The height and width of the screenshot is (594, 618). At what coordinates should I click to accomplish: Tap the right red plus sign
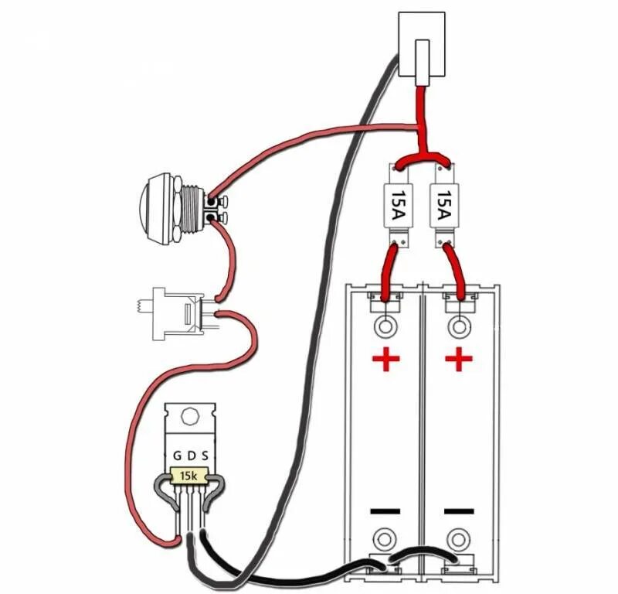pyautogui.click(x=459, y=359)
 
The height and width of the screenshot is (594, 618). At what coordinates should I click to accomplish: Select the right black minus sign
pyautogui.click(x=459, y=510)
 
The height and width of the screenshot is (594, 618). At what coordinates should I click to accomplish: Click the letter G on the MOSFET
pyautogui.click(x=177, y=455)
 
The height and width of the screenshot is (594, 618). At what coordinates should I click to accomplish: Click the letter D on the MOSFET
pyautogui.click(x=190, y=455)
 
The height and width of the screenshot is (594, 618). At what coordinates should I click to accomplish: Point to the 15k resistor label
pyautogui.click(x=188, y=476)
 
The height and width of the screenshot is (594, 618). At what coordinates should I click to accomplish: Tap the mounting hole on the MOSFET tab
pyautogui.click(x=188, y=417)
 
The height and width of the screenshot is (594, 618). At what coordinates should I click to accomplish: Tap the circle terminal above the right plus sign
pyautogui.click(x=459, y=326)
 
